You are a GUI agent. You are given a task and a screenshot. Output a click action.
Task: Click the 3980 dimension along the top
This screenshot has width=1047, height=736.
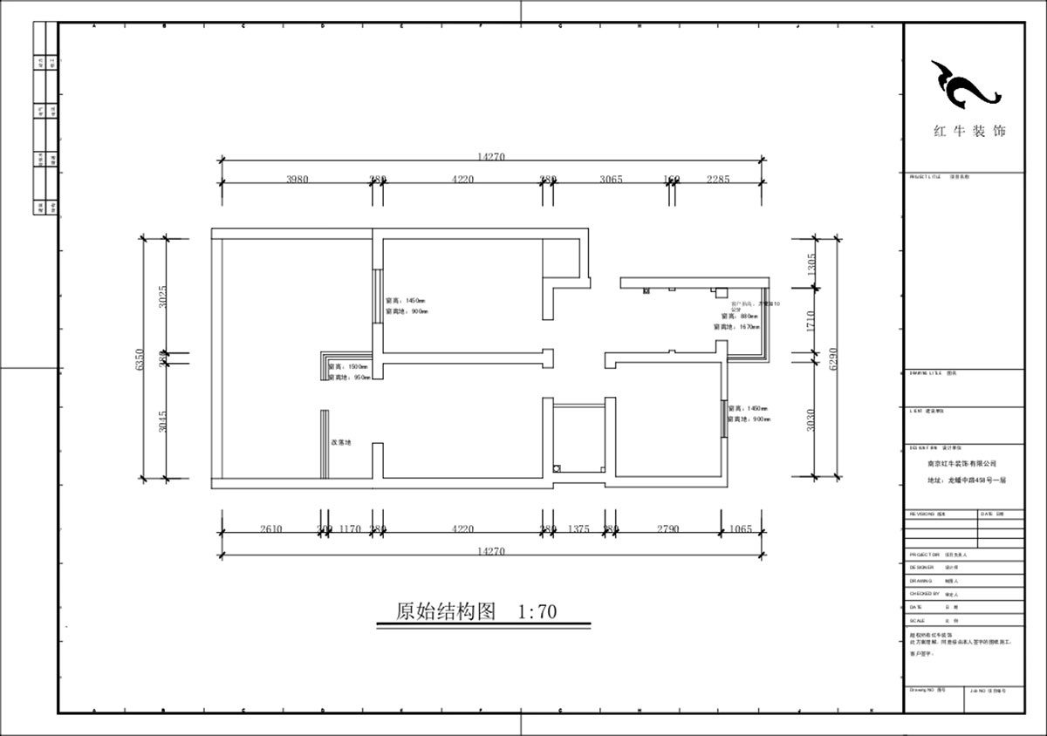pyautogui.click(x=298, y=179)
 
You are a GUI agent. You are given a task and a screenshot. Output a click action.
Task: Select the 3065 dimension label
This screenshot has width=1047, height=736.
pyautogui.click(x=611, y=179)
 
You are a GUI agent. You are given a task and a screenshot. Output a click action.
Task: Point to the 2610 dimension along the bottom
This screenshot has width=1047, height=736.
pyautogui.click(x=271, y=528)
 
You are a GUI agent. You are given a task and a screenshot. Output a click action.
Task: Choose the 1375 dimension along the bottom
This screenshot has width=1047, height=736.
pyautogui.click(x=579, y=528)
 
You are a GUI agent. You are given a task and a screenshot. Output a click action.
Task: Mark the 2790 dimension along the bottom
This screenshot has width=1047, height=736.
pyautogui.click(x=668, y=528)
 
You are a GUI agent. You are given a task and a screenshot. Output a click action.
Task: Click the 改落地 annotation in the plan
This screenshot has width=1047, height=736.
pyautogui.click(x=341, y=443)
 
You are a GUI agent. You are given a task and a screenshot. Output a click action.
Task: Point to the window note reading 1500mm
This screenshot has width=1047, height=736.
pyautogui.click(x=349, y=367)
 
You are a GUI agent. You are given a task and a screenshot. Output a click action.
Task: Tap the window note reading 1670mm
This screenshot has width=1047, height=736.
pyautogui.click(x=738, y=326)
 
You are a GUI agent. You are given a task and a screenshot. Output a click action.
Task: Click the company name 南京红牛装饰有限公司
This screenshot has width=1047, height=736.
pyautogui.click(x=961, y=464)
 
